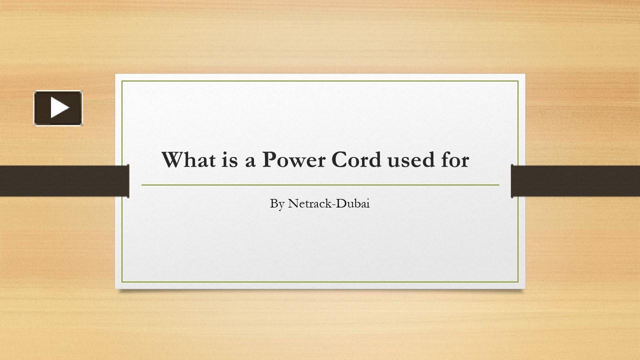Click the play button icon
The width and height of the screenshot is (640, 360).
[x=58, y=108]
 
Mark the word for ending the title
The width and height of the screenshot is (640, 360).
[x=454, y=160]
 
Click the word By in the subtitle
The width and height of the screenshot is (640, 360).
[x=277, y=204]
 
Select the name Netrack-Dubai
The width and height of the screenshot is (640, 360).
[x=329, y=203]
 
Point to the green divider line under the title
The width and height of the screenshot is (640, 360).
[x=320, y=185]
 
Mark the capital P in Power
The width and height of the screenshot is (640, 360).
[x=269, y=160]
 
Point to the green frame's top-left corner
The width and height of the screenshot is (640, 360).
[x=122, y=81]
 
